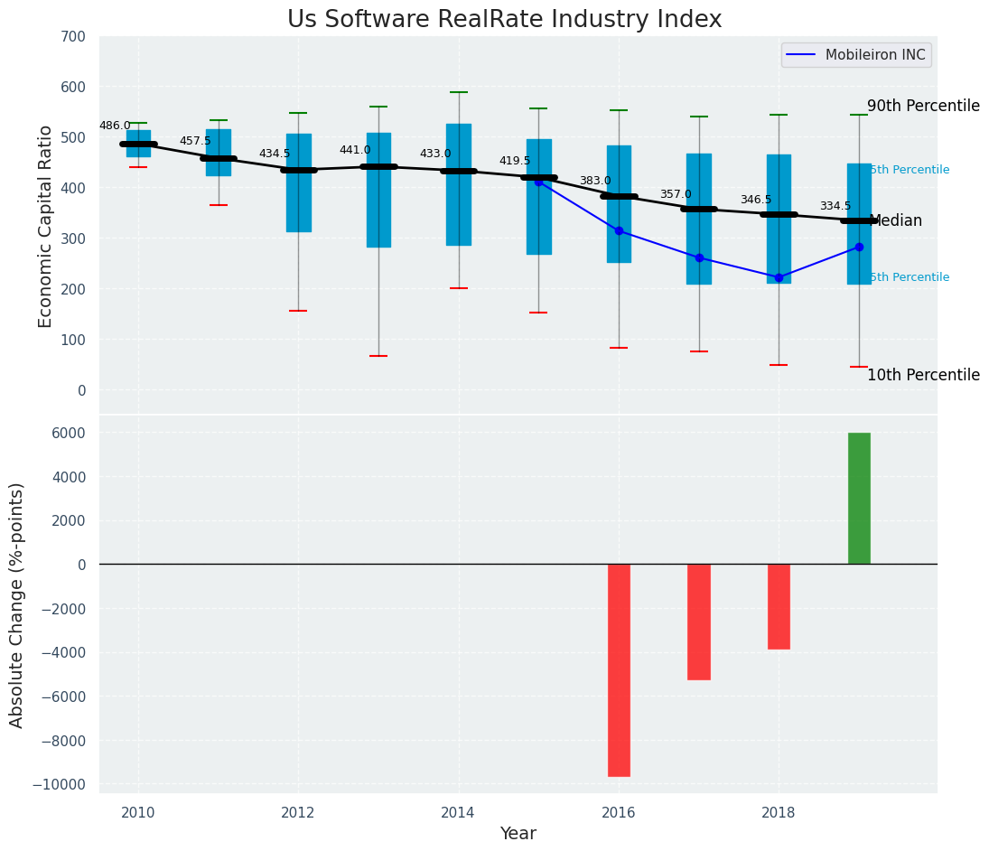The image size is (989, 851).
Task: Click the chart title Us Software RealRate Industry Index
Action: click(x=504, y=20)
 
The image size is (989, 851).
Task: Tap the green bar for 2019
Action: click(x=859, y=498)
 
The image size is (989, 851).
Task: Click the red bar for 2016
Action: click(x=619, y=669)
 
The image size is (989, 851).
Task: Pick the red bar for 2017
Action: click(x=699, y=622)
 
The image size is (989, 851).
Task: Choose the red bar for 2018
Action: click(x=779, y=606)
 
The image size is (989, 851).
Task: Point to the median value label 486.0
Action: click(x=115, y=126)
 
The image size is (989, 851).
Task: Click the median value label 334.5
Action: click(x=835, y=207)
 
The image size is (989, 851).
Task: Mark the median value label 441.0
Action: click(x=355, y=151)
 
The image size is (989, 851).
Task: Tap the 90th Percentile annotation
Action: click(x=923, y=107)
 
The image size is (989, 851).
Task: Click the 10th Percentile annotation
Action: click(x=923, y=376)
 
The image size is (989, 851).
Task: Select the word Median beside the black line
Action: click(x=896, y=221)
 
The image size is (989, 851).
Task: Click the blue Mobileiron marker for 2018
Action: click(x=779, y=277)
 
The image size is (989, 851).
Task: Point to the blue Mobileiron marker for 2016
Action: click(x=619, y=231)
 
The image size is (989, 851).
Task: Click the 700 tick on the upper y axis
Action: click(x=73, y=37)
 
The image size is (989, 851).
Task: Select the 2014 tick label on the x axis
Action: click(x=458, y=813)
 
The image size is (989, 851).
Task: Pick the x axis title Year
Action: click(x=518, y=834)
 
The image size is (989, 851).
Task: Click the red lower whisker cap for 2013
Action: click(x=378, y=356)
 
